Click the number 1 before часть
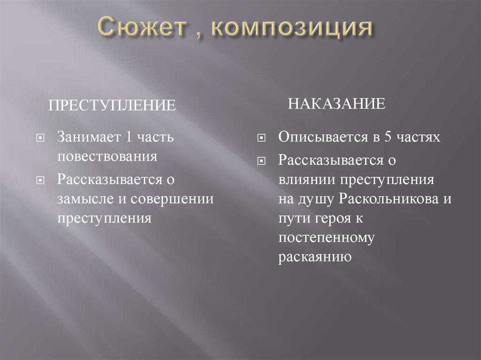[123, 138]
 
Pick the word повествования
[107, 156]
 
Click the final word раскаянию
[314, 257]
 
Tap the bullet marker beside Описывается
[261, 138]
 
